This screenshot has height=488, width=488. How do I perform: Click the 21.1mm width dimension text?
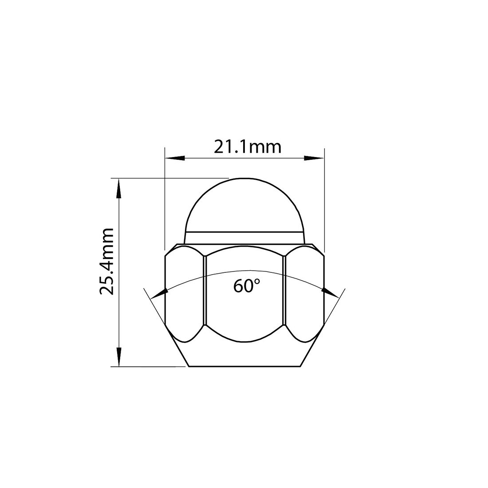tap(248, 146)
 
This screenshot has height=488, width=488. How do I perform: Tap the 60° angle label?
tap(247, 286)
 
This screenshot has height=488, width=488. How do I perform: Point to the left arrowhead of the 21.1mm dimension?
tap(174, 157)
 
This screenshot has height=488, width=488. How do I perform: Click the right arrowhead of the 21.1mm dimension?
tap(314, 157)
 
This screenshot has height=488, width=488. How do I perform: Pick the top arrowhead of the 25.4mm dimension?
tap(118, 188)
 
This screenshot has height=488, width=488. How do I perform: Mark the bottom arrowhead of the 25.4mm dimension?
tap(118, 357)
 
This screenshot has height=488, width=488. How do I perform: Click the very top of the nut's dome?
tap(244, 179)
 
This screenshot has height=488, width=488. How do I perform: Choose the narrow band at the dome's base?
tap(244, 237)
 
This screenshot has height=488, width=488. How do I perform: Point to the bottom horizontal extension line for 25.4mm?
tap(151, 366)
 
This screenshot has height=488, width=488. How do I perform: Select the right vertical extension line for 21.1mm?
tap(325, 200)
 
